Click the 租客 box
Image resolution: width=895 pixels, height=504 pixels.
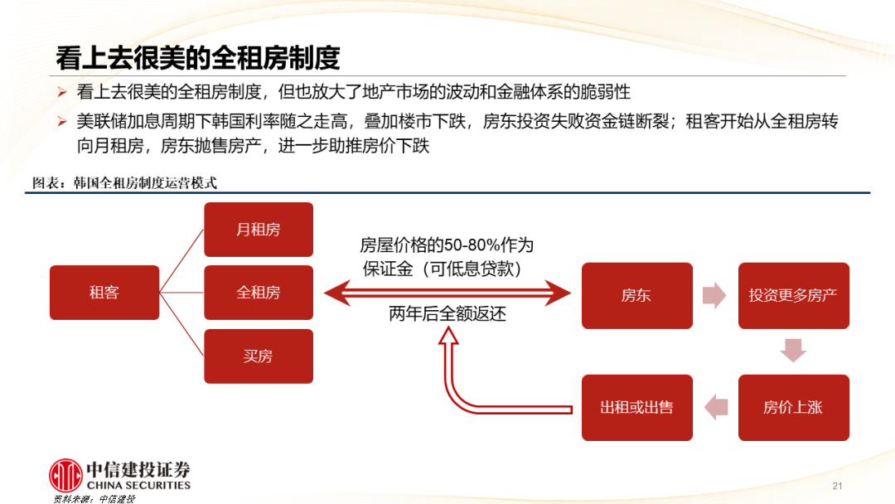[x=104, y=293]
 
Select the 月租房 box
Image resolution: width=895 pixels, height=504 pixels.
[x=258, y=230]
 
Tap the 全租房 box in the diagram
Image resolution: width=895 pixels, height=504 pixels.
[x=258, y=293]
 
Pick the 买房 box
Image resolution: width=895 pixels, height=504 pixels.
[x=258, y=356]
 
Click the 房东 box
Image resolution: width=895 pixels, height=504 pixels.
[x=636, y=295]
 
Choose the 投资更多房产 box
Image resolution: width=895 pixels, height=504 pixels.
[x=793, y=295]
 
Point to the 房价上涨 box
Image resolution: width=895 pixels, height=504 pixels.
[x=793, y=407]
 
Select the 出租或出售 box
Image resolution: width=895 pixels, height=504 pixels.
[x=636, y=407]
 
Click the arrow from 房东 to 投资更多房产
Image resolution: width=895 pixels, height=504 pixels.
[x=714, y=295]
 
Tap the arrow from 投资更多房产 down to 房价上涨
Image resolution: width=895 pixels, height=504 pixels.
[x=793, y=351]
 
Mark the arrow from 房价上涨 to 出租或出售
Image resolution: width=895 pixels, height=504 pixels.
[x=715, y=406]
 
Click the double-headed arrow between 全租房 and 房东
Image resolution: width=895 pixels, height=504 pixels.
[x=447, y=292]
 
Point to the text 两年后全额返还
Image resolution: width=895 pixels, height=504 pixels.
[x=447, y=314]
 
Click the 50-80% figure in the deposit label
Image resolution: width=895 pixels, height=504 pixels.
[x=472, y=245]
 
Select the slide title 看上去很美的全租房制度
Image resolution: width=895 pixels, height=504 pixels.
[x=198, y=58]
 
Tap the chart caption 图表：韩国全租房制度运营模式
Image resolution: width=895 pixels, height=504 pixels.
[x=125, y=183]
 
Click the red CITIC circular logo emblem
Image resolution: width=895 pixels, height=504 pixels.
[x=65, y=475]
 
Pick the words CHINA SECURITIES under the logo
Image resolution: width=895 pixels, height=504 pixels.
[x=138, y=486]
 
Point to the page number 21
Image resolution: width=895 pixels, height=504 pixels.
[x=836, y=485]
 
